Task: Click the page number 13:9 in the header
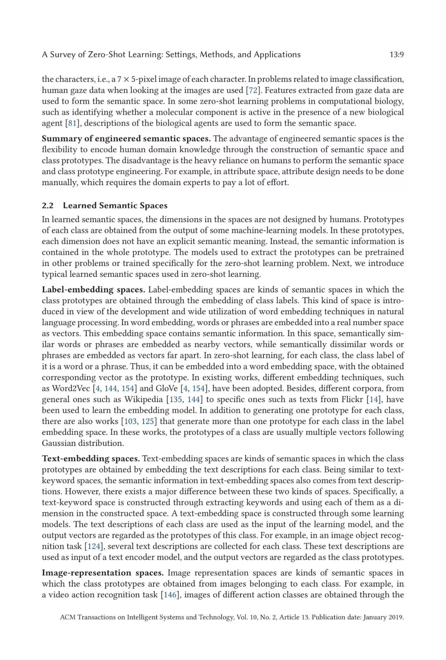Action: click(396, 54)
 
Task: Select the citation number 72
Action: click(251, 90)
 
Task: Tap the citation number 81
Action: click(72, 123)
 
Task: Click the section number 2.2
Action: click(47, 205)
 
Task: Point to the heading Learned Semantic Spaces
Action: click(115, 205)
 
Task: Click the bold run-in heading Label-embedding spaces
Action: click(93, 290)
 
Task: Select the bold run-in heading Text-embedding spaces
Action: click(91, 458)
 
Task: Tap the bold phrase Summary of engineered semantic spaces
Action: click(126, 139)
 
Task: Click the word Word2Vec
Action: click(70, 388)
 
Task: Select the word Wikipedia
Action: click(144, 399)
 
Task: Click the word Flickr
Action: click(352, 399)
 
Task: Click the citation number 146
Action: click(170, 594)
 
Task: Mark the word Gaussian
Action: click(59, 443)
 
